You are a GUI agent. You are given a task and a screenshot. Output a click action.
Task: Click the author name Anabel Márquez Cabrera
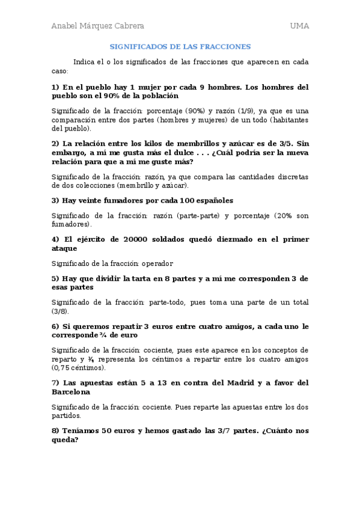pos(97,26)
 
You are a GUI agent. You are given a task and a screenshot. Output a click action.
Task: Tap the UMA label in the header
pos(299,26)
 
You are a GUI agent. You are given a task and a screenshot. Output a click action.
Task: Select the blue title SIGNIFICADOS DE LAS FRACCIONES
pos(180,46)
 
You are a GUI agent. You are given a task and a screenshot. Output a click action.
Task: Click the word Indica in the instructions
pos(84,61)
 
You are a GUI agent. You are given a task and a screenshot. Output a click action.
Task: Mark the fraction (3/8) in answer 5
pos(60,312)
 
